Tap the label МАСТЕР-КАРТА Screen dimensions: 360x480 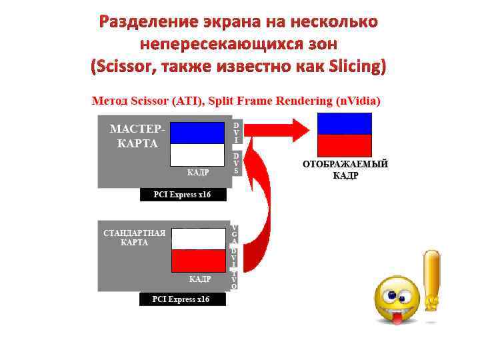[134, 135]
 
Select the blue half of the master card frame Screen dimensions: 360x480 [197, 133]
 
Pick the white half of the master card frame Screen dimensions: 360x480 [197, 155]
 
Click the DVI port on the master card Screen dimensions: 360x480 [236, 133]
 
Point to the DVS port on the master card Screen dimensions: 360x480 [236, 163]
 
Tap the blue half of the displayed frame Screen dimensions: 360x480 [344, 124]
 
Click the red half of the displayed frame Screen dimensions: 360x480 [344, 145]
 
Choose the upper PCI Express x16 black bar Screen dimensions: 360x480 [183, 195]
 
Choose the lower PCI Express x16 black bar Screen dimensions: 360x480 [182, 299]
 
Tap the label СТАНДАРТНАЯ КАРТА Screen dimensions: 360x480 [134, 238]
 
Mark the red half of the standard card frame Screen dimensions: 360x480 [198, 261]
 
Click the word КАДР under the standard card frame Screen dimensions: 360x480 [200, 279]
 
